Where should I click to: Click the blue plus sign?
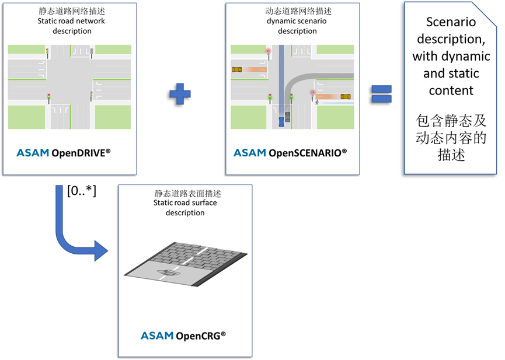[180, 93]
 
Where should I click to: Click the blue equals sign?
[382, 93]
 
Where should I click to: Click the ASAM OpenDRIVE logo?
[63, 153]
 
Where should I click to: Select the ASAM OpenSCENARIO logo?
[290, 153]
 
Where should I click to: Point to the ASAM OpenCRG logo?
[183, 335]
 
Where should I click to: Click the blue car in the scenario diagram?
[281, 120]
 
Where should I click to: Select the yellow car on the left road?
[237, 69]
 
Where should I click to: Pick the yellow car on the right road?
[346, 96]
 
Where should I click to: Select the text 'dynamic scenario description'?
[297, 26]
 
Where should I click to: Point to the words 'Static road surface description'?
[184, 208]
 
